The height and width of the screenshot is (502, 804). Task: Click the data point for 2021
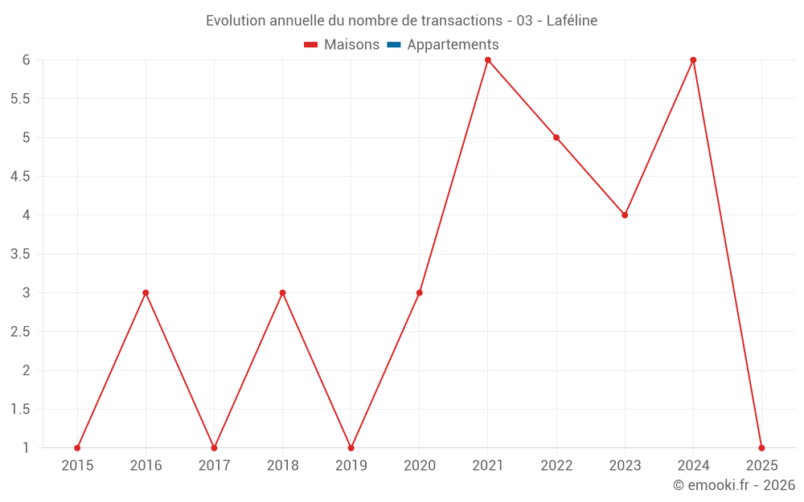pos(488,60)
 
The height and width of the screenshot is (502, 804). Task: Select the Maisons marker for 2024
pos(693,60)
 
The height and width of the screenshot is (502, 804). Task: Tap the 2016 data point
pos(146,292)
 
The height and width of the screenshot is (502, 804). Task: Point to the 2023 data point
pos(625,215)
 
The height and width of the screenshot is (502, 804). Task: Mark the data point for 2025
pos(761,447)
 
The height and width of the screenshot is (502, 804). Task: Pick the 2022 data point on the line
pos(556,137)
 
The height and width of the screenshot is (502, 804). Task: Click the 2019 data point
pos(351,447)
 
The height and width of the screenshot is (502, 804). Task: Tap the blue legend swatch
pos(393,45)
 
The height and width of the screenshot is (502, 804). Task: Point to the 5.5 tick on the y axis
pos(20,99)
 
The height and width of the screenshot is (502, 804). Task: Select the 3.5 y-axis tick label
pos(20,254)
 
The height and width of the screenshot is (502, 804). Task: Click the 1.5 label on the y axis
pos(20,409)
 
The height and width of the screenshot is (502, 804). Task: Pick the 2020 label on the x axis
pos(420,466)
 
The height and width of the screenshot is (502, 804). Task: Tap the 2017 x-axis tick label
pos(214,466)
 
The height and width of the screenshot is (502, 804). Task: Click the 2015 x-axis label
pos(77,466)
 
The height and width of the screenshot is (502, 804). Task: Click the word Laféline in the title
pos(572,21)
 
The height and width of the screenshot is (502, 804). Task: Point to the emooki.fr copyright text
pos(733,485)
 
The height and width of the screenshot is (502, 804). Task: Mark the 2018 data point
pos(282,292)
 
